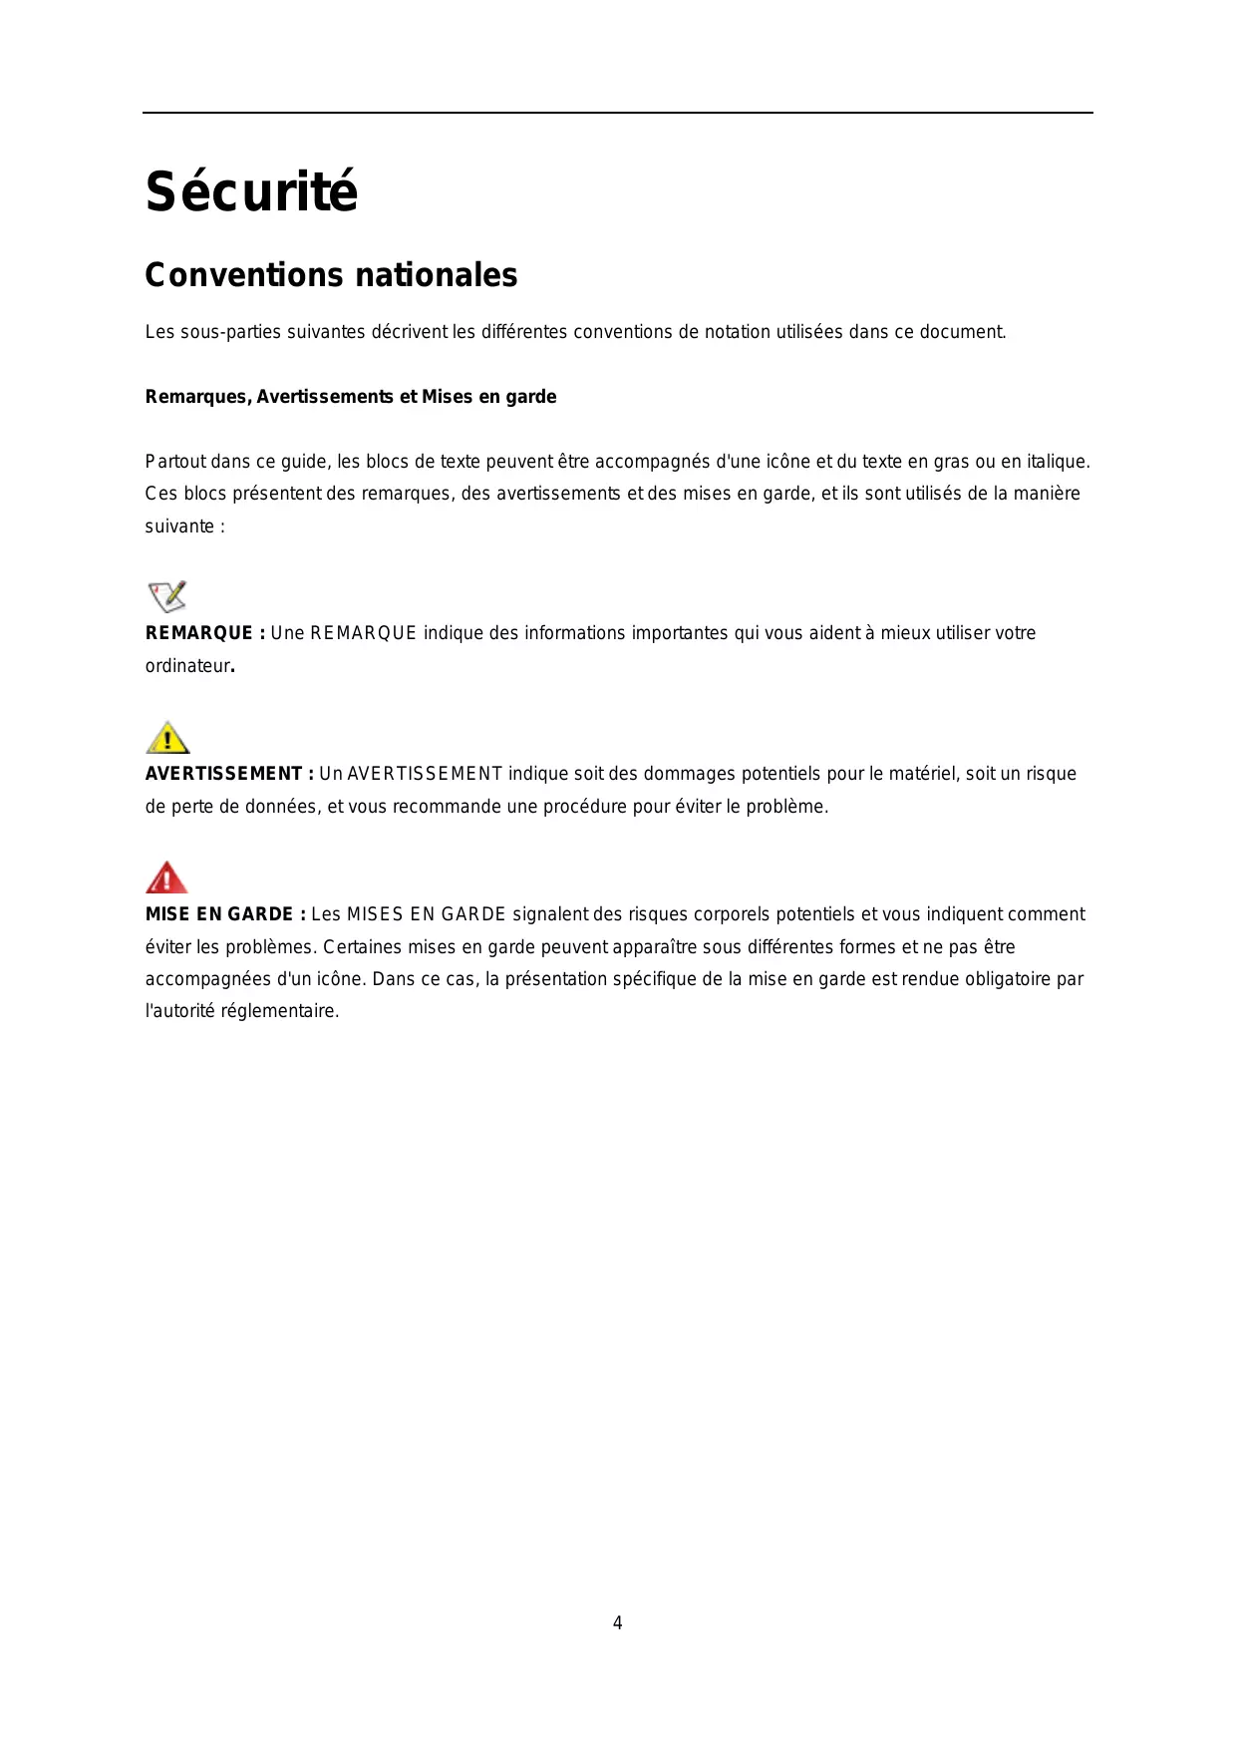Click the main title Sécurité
point(251,191)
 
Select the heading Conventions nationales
point(331,275)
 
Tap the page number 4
point(617,1622)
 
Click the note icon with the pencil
point(167,596)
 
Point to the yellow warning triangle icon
point(167,738)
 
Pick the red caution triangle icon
point(166,878)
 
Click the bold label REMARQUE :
point(205,633)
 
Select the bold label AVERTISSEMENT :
point(229,774)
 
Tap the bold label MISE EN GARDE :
point(225,914)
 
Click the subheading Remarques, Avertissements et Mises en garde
point(351,397)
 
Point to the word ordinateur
point(187,666)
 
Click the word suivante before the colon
point(179,526)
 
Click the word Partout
point(175,462)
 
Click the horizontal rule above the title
point(618,113)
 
